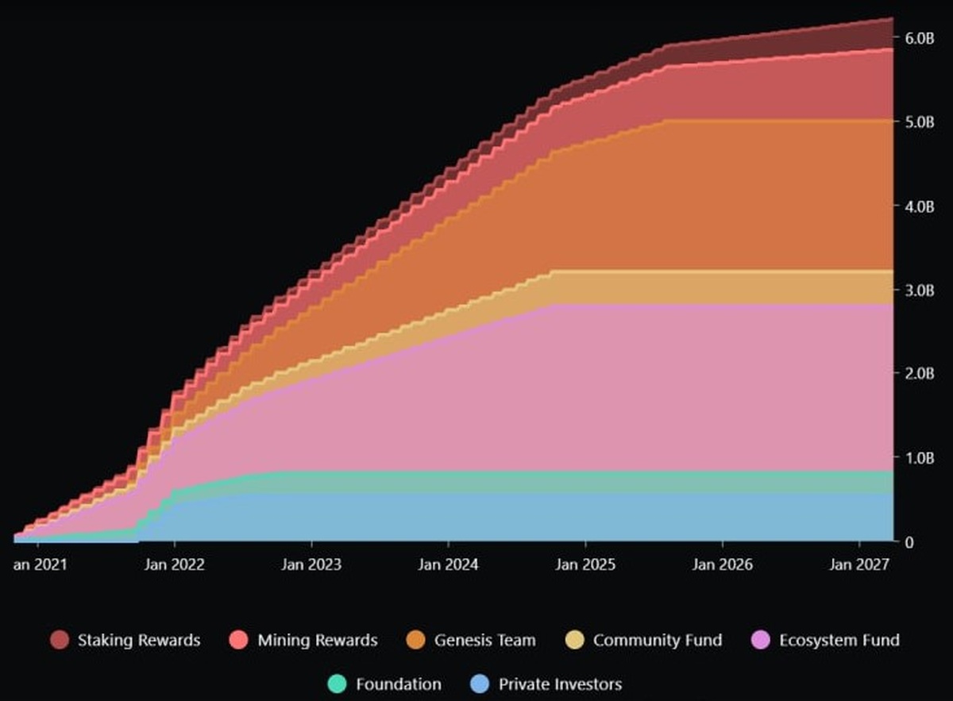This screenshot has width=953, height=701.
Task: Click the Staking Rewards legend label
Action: (139, 640)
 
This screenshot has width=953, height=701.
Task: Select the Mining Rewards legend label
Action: (318, 640)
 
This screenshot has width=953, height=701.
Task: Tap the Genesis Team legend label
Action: (484, 640)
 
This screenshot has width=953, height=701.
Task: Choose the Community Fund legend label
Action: (658, 640)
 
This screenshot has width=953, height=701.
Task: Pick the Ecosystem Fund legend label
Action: (839, 640)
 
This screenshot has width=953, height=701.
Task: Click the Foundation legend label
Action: (398, 684)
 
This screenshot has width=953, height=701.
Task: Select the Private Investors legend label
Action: (560, 684)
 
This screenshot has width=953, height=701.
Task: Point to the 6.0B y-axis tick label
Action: (919, 37)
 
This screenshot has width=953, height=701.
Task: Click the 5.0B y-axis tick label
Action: (919, 121)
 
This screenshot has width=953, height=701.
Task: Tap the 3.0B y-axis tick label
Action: (919, 290)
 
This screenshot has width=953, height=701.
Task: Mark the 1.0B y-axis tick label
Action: (919, 458)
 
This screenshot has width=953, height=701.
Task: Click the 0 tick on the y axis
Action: (910, 542)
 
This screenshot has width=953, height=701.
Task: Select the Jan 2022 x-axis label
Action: (175, 564)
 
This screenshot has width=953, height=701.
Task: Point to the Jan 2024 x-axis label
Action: (449, 564)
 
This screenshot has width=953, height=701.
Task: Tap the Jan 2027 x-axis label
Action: (859, 564)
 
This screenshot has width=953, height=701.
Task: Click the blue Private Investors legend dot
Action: (480, 684)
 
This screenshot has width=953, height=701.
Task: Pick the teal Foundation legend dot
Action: (337, 684)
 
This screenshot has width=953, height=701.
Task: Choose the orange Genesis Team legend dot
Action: (415, 640)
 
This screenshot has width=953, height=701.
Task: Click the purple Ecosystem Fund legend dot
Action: (760, 640)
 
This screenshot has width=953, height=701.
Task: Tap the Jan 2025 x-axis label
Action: (585, 564)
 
